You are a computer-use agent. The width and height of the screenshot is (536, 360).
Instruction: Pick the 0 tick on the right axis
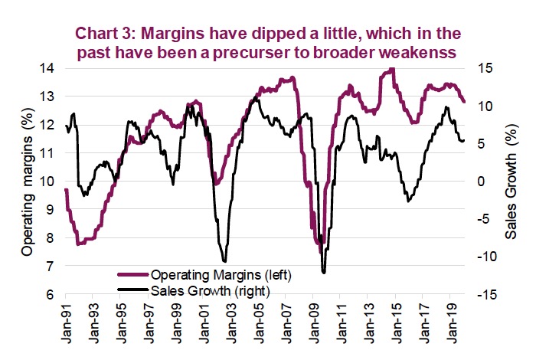point(482,182)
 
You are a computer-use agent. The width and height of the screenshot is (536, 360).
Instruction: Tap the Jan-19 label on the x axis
point(453,322)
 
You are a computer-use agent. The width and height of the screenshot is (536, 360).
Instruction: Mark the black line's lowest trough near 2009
point(324,272)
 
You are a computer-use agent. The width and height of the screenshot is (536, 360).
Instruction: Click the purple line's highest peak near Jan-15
point(392,69)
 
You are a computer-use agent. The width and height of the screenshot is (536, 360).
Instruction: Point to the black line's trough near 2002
point(224,261)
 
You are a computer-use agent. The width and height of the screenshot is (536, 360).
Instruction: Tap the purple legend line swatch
point(132,273)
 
